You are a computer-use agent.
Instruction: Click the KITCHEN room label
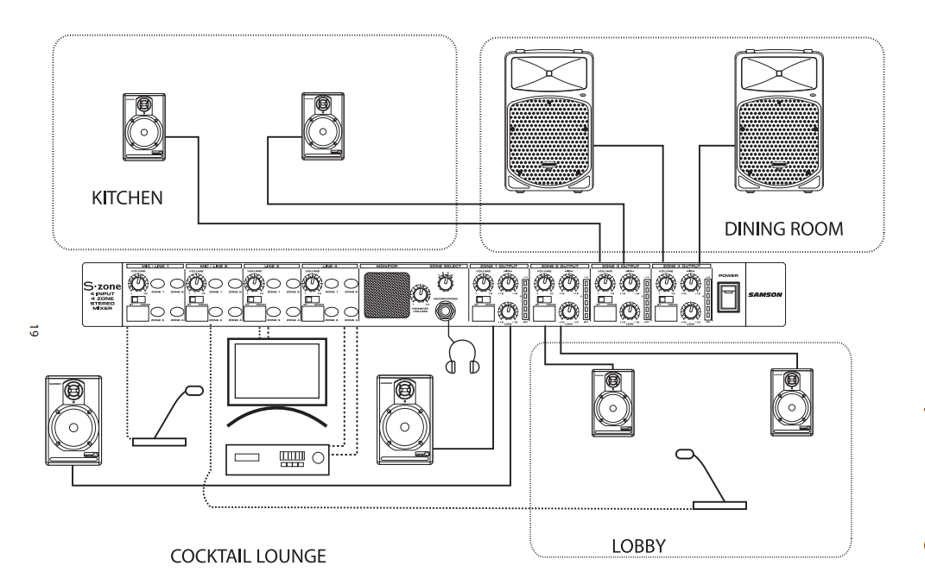(x=128, y=200)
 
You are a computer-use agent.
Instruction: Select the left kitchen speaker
(x=143, y=128)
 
